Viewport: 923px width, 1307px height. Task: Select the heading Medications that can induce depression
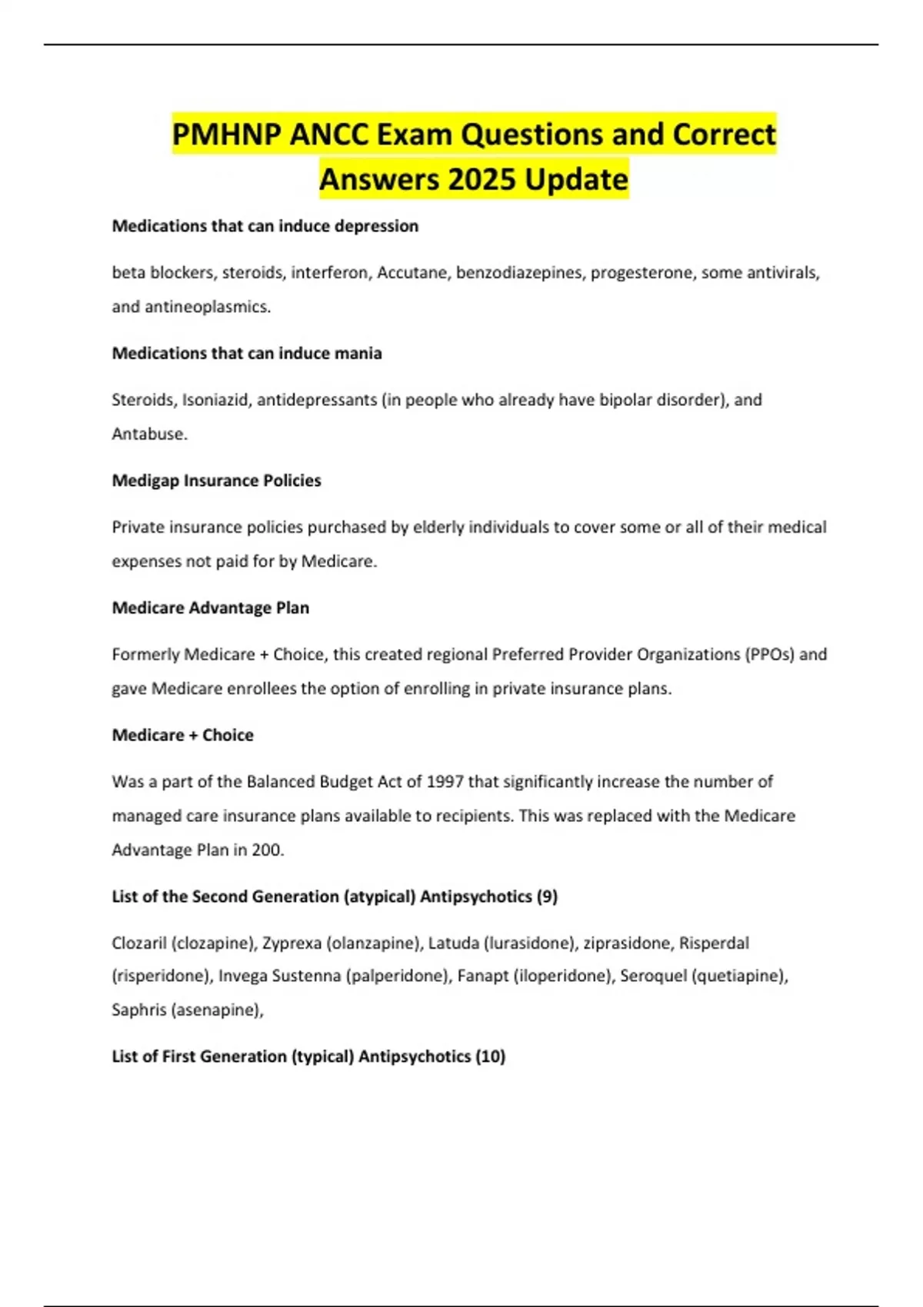point(265,226)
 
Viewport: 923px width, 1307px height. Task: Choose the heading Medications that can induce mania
point(247,354)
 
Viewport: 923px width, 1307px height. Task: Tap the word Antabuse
point(149,434)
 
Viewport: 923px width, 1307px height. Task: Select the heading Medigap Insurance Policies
point(216,481)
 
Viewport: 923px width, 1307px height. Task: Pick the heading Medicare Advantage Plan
point(211,608)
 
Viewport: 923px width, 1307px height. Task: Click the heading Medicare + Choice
point(182,735)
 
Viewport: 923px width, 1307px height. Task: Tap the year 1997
point(445,782)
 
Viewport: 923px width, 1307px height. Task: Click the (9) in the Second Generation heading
point(547,896)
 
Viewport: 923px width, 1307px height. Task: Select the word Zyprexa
point(292,943)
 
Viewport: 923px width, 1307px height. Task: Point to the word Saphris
point(138,1010)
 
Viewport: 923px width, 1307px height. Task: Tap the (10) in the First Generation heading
point(491,1056)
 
